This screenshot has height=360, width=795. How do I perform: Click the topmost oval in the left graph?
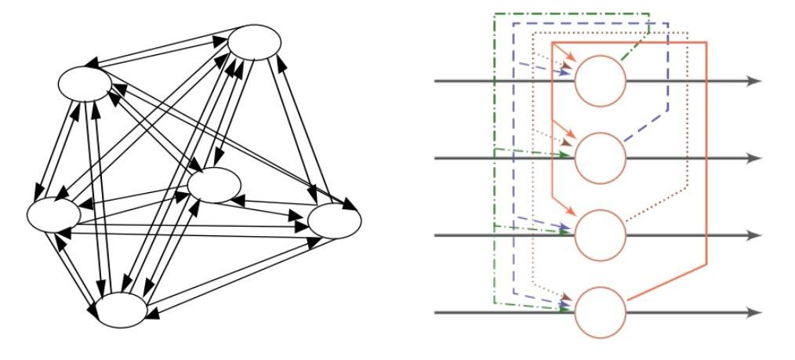click(255, 42)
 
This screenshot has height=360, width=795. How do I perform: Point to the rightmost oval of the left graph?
click(335, 221)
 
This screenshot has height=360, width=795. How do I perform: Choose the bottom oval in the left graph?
click(122, 310)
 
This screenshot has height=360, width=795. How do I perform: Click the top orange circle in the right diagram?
click(601, 81)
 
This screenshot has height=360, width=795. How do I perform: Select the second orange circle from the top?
click(601, 158)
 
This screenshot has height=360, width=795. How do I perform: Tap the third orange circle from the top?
click(601, 235)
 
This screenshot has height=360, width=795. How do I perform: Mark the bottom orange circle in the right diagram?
click(601, 312)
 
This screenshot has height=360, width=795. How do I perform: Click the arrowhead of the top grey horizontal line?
click(754, 81)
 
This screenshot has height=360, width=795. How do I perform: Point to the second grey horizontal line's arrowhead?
click(754, 158)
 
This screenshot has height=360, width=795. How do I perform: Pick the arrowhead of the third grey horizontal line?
click(754, 235)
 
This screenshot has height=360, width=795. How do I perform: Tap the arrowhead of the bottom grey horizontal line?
click(754, 312)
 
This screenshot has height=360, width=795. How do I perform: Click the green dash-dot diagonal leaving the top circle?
click(634, 49)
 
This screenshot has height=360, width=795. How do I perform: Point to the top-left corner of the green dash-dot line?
click(495, 13)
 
